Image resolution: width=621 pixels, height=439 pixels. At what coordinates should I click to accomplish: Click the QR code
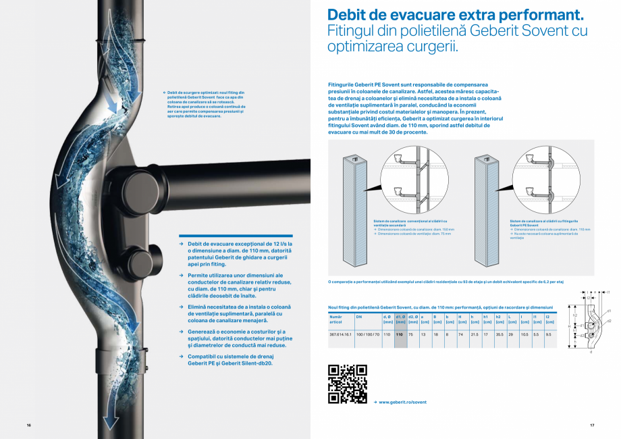point(347,384)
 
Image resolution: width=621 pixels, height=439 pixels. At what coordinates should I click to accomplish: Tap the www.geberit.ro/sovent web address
point(402,402)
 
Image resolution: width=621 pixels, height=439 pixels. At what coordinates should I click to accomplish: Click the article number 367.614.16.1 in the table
point(340,334)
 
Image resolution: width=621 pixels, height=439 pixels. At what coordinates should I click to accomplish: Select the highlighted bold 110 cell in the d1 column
point(400,334)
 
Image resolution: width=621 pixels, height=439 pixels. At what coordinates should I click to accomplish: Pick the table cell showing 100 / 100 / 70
point(368,334)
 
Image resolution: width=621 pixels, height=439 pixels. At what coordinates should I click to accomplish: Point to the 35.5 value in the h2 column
point(499,334)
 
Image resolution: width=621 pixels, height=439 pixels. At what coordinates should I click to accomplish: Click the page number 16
point(29,425)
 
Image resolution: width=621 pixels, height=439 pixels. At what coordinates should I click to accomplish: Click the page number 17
point(591,425)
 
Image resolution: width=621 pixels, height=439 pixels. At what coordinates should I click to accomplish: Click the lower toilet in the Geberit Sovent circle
point(538,192)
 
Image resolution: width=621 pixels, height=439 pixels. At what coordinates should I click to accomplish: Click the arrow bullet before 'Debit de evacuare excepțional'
point(181,243)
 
